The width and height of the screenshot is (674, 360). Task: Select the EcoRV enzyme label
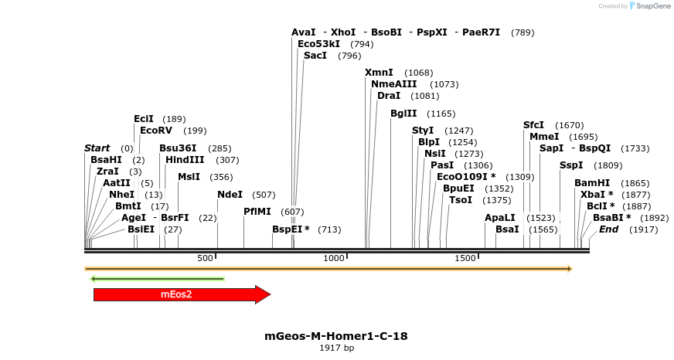(156, 131)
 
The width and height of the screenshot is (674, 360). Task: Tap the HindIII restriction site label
(185, 160)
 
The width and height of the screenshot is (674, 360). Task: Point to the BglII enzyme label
(403, 114)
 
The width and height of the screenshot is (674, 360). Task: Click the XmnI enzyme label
(379, 73)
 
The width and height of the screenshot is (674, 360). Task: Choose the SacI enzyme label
(315, 56)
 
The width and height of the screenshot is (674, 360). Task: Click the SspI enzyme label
(571, 165)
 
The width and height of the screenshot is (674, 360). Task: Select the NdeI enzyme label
(230, 195)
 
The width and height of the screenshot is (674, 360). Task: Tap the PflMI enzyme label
(257, 211)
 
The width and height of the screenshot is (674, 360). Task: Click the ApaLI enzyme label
(500, 218)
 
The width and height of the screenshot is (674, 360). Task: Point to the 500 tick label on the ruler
(206, 258)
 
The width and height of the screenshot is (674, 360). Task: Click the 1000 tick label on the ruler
(335, 258)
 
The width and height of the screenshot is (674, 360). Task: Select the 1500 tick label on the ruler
(465, 258)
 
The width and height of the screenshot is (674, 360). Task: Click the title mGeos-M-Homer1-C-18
(336, 336)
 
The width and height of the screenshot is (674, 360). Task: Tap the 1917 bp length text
(336, 348)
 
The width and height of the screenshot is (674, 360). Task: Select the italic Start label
(97, 148)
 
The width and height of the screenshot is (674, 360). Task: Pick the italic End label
(609, 229)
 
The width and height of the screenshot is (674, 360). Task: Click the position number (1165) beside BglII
(441, 114)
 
